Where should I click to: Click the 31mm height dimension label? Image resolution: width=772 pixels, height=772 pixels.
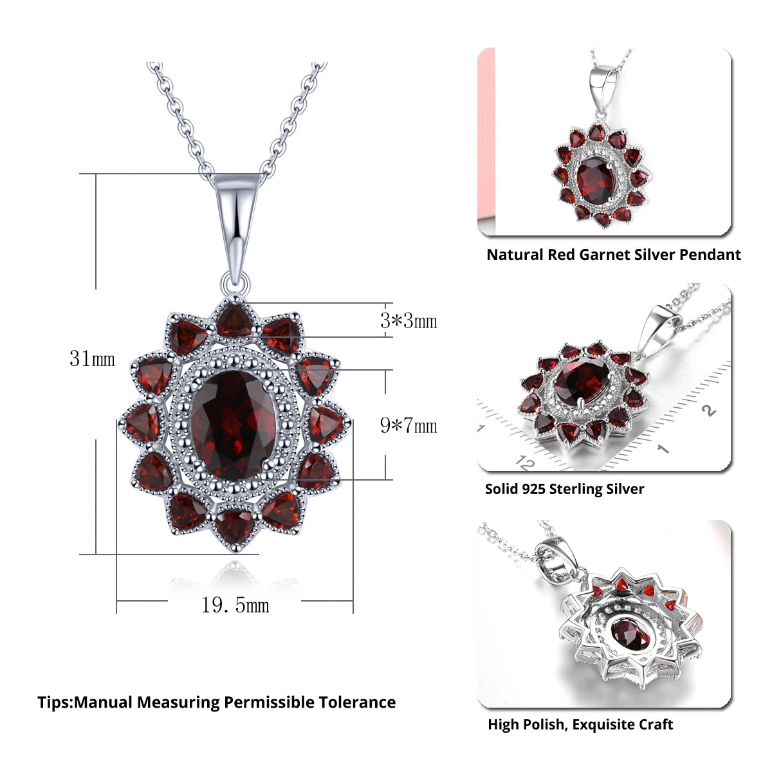(92, 358)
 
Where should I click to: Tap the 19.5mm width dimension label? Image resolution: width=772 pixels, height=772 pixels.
(235, 605)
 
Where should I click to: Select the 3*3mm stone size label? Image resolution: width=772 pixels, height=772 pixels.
(409, 320)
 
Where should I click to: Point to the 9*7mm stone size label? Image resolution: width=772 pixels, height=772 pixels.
(409, 425)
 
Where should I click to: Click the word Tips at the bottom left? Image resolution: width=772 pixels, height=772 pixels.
(54, 702)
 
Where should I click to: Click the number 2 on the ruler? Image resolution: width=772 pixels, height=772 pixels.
(708, 410)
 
